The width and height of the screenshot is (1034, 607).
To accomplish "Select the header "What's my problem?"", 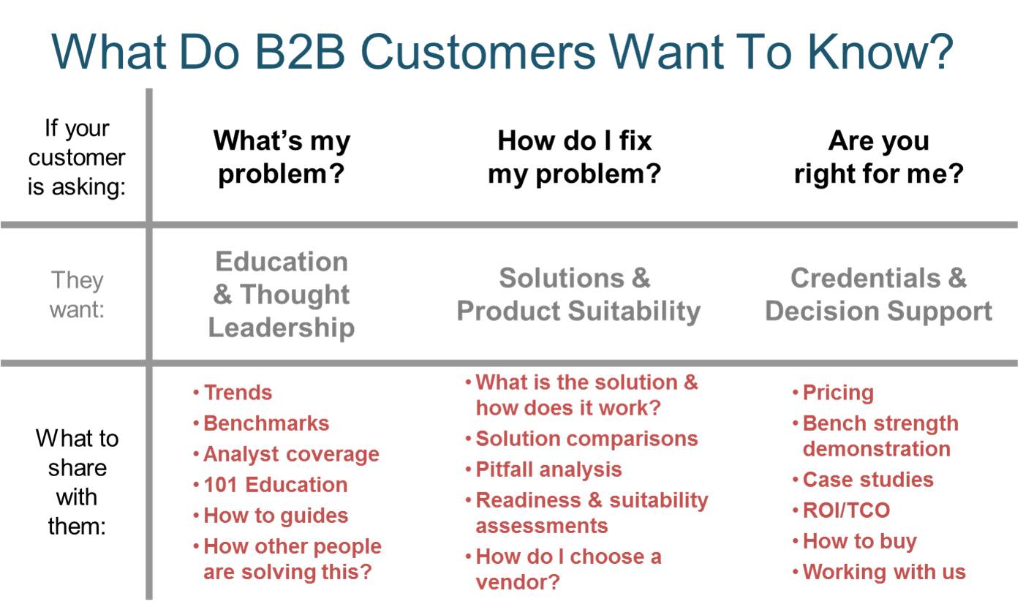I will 282,157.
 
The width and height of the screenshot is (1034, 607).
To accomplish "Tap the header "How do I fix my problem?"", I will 574,157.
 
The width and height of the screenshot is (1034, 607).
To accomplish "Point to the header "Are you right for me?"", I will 878,157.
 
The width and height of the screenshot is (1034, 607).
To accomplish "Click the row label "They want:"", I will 77,294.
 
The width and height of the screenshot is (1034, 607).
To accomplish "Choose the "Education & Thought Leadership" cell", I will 282,294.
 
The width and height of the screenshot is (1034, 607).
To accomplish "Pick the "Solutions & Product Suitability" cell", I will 578,295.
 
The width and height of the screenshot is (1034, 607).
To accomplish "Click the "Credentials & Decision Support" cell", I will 878,295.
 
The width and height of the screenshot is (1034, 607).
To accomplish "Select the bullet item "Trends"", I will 238,393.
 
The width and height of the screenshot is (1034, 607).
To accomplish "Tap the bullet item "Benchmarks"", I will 266,423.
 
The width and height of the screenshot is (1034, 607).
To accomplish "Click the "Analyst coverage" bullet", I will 291,454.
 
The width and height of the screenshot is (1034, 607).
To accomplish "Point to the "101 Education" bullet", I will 275,485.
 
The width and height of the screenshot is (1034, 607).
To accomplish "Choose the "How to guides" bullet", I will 276,516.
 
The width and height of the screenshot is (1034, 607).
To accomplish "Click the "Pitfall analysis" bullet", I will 548,470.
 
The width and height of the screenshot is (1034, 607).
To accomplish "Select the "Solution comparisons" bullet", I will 586,439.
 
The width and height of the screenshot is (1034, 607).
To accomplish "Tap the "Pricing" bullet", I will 838,393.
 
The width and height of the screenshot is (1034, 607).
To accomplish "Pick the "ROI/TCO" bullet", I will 846,510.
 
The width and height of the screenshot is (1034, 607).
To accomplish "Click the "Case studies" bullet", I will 868,480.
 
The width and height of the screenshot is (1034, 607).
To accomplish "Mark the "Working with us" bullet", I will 884,572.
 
